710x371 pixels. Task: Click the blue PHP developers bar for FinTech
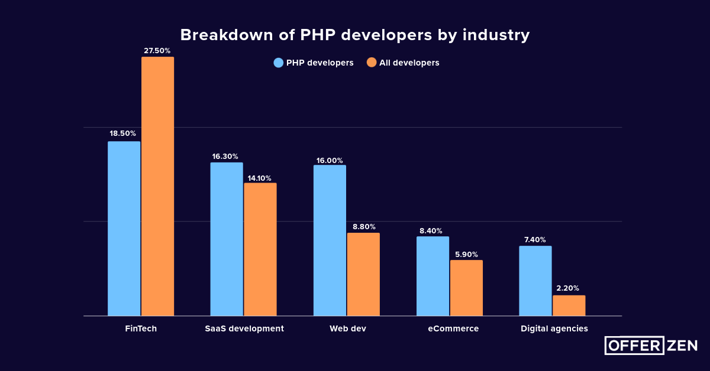pos(124,229)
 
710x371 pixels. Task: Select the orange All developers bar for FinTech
pos(157,186)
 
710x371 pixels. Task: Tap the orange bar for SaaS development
pos(260,249)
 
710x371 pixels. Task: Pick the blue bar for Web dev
pos(330,240)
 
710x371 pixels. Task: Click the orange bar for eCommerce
pos(466,288)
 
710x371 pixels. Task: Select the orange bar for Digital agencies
pos(569,305)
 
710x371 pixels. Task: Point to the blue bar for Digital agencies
pos(535,281)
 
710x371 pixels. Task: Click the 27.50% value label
pos(157,51)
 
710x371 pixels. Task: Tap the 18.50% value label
pos(123,134)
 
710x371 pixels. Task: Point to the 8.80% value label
pos(363,226)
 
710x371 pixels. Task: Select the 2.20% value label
pos(568,288)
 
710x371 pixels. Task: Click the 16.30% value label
pos(225,157)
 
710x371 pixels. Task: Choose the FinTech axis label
pos(141,328)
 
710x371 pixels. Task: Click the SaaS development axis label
pos(244,328)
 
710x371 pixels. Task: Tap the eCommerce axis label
pos(453,328)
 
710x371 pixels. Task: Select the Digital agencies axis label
pos(554,328)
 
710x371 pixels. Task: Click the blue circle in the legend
pos(279,63)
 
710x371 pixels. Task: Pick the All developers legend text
pos(409,63)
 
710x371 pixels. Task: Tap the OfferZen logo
pos(651,346)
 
